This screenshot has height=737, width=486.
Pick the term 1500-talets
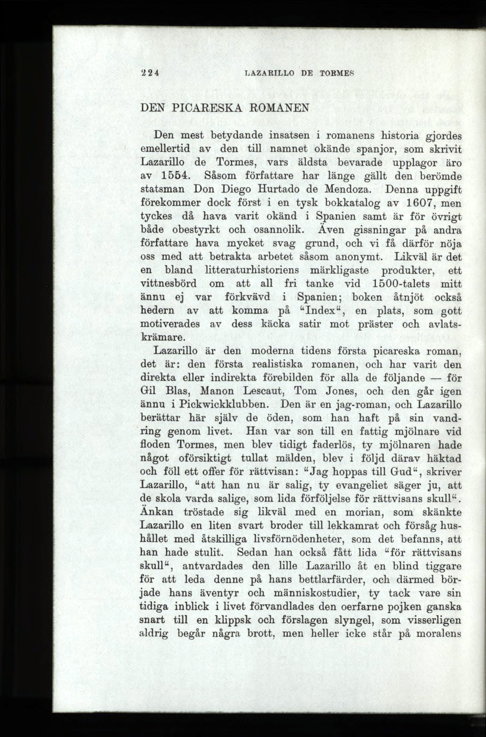click(x=399, y=284)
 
